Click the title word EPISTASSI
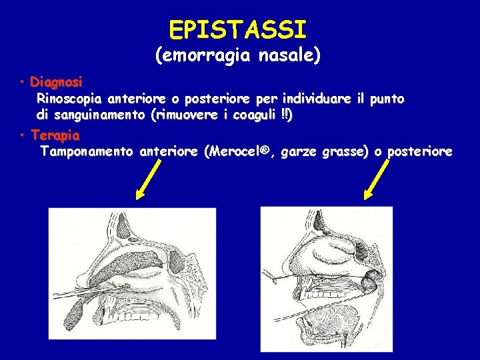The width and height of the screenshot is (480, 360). (x=238, y=30)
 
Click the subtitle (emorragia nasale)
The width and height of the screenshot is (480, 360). (x=238, y=57)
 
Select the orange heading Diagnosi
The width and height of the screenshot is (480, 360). (x=57, y=83)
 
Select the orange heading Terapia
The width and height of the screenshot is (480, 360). (x=55, y=135)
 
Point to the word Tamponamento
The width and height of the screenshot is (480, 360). (x=87, y=152)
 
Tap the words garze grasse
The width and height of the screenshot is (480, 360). (x=325, y=152)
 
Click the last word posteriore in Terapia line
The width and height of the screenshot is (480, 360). (x=419, y=152)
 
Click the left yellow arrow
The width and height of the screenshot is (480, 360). (x=151, y=179)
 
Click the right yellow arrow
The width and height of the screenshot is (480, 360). (x=377, y=179)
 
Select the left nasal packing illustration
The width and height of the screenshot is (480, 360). (x=129, y=280)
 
